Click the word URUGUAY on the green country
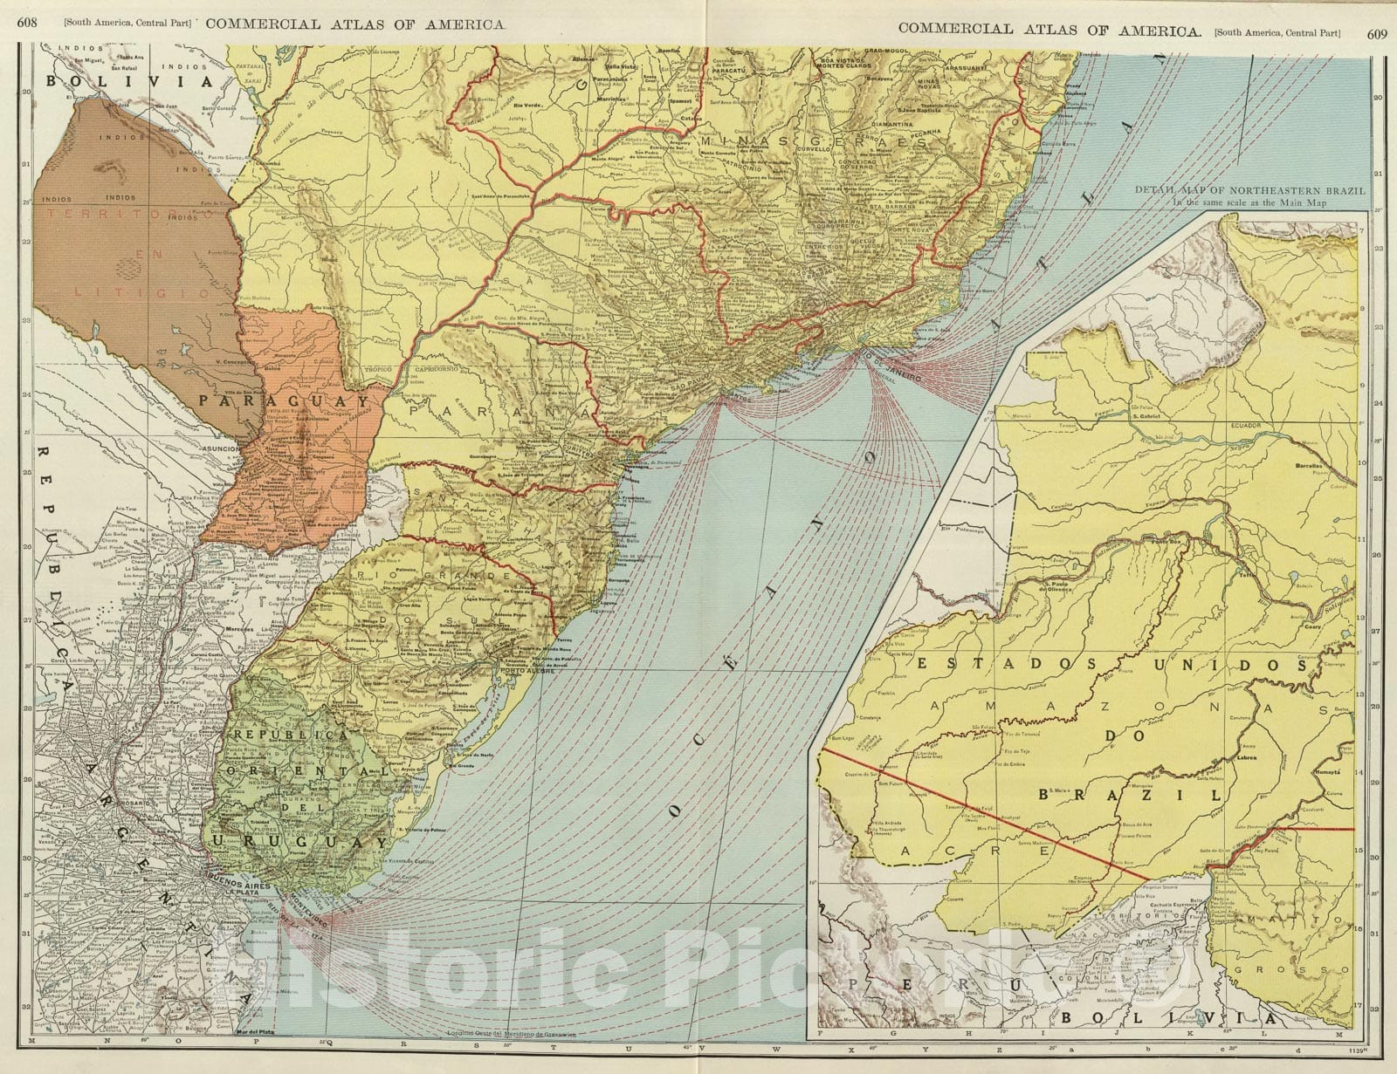click(x=297, y=842)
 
